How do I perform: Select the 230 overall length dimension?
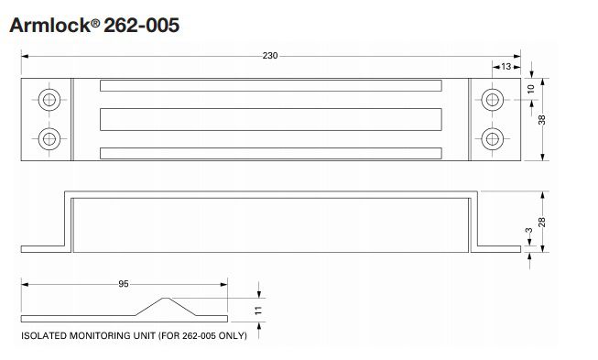270,57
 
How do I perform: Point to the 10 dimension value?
531,90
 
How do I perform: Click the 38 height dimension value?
553,119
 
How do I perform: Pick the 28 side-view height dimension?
553,224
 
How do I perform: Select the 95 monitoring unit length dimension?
124,284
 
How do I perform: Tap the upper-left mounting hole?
49,98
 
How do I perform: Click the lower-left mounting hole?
49,138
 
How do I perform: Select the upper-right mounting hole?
493,98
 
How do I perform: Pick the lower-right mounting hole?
493,138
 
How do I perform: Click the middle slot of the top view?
271,118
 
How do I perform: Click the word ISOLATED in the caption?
45,337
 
